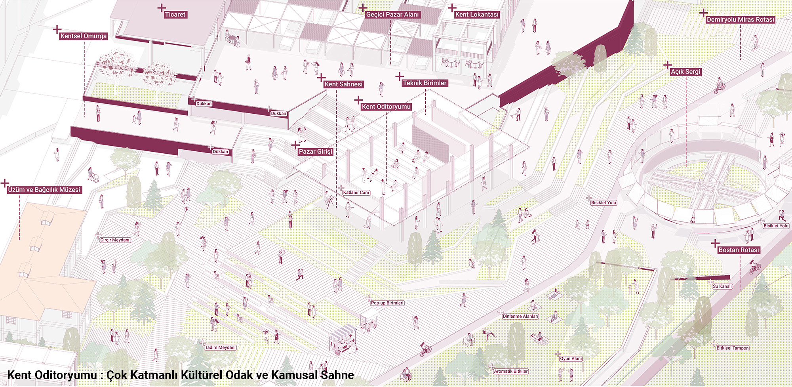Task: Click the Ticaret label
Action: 175,15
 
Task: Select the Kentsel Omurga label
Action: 84,36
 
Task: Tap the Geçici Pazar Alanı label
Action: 392,15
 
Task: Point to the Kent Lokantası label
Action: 477,15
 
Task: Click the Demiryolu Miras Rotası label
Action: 740,19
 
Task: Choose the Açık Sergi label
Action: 685,72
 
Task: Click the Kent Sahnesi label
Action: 343,84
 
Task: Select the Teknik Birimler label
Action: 425,83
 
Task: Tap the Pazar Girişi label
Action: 315,152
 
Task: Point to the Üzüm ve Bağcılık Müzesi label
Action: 44,190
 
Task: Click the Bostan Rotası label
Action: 739,250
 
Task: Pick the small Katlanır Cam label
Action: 356,193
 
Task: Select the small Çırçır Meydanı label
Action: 115,240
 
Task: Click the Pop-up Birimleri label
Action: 387,303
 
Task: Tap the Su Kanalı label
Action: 722,286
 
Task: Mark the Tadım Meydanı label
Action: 220,348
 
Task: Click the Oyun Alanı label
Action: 571,359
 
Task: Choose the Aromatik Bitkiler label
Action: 511,372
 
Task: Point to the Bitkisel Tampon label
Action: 733,348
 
